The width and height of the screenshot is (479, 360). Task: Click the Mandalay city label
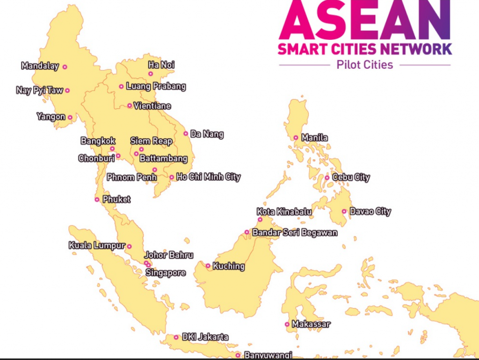(x=40, y=66)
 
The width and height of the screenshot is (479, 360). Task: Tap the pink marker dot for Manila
(x=296, y=138)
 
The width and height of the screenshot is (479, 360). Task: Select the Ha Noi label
(x=161, y=65)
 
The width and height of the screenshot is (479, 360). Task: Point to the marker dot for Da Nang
(x=186, y=133)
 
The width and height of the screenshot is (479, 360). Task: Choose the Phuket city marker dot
(x=97, y=199)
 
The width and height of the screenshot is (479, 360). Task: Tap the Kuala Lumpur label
(x=96, y=245)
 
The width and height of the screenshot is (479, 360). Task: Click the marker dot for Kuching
(x=208, y=266)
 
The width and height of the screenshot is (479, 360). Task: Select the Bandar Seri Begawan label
(x=295, y=232)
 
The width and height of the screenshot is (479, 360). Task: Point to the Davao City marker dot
(x=344, y=211)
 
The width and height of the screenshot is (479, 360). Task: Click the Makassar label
(x=311, y=324)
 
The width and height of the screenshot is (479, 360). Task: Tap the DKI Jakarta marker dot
(x=176, y=337)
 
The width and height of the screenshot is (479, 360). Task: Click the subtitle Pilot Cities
(x=365, y=65)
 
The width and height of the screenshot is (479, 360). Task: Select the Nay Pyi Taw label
(x=39, y=90)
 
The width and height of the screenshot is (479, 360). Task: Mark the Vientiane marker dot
(x=130, y=106)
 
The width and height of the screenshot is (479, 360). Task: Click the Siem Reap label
(x=151, y=141)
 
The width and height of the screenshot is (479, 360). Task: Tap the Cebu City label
(x=351, y=177)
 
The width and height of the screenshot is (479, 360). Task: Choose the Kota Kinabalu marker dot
(x=260, y=219)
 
